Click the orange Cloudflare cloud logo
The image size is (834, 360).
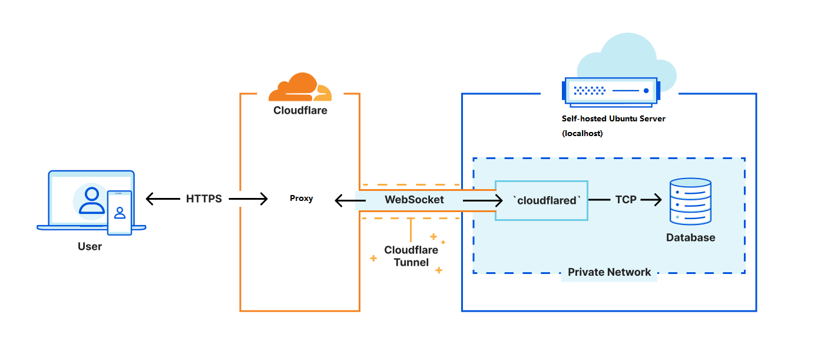click(x=300, y=87)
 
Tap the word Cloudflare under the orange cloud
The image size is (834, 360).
click(x=300, y=110)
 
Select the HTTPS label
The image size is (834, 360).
click(x=204, y=199)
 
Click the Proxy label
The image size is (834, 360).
click(x=301, y=199)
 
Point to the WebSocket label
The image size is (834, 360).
click(x=414, y=200)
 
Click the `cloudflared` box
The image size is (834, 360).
click(x=541, y=201)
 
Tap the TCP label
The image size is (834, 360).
click(x=625, y=200)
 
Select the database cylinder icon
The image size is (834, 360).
click(x=690, y=202)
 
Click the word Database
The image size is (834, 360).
click(x=690, y=237)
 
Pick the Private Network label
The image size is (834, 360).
click(x=609, y=272)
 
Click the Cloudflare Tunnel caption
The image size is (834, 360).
click(x=411, y=256)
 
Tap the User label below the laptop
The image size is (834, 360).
click(x=90, y=246)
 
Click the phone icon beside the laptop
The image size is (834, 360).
click(x=120, y=213)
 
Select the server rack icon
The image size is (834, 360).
click(x=611, y=92)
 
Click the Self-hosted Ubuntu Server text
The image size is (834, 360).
click(x=613, y=119)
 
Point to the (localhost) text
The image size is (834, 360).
click(x=583, y=133)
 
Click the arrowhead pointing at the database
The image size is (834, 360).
click(x=657, y=200)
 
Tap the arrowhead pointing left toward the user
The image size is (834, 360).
click(x=150, y=199)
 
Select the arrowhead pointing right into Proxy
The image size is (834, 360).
click(x=263, y=199)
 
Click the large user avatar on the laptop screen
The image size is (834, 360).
click(x=92, y=200)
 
